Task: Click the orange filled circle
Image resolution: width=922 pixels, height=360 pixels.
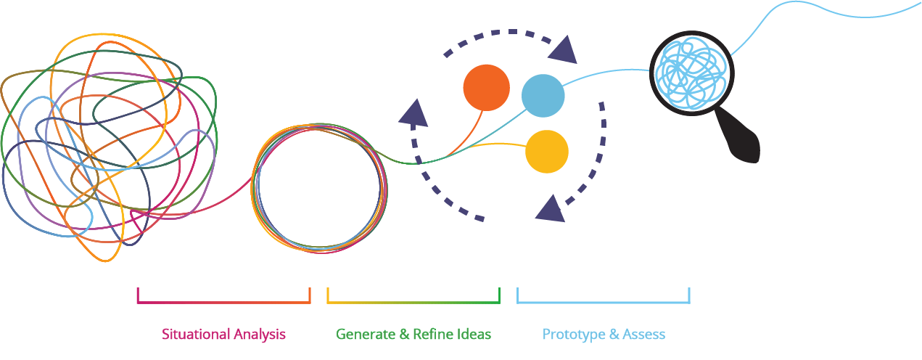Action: click(487, 88)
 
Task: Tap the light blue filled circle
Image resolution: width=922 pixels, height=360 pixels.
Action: click(543, 96)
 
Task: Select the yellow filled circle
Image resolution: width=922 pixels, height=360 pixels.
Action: click(547, 152)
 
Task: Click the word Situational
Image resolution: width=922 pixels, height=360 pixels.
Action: click(196, 334)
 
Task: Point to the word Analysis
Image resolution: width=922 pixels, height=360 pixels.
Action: click(260, 335)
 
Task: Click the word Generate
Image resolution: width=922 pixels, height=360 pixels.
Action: click(366, 334)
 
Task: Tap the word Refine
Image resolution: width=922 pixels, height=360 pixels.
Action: click(432, 334)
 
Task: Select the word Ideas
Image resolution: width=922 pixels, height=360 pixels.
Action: click(472, 334)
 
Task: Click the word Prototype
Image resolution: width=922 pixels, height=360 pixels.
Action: click(574, 335)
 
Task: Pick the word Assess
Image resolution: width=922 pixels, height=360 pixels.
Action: click(644, 334)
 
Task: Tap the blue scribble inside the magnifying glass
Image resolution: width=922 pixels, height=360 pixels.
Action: click(691, 73)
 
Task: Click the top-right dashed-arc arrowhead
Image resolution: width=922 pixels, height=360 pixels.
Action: click(564, 51)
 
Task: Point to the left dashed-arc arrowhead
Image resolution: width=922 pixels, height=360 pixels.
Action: click(414, 112)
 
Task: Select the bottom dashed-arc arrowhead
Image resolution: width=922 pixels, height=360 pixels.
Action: click(551, 209)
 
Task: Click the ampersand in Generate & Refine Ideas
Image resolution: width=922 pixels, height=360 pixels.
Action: click(404, 334)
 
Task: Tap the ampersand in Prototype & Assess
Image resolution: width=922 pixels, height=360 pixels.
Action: click(614, 334)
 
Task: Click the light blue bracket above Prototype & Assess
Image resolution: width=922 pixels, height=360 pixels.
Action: click(604, 303)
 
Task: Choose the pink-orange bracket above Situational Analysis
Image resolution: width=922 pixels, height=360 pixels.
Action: click(224, 303)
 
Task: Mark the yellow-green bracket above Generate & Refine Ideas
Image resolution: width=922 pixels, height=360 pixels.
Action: click(413, 303)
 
